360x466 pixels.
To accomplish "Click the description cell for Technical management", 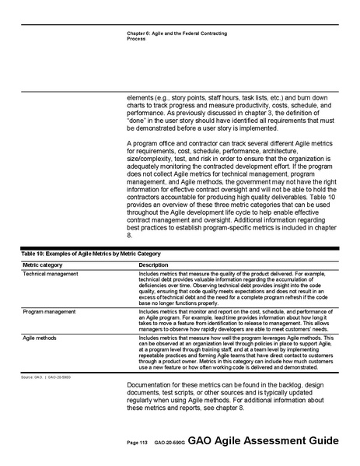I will click(233, 289).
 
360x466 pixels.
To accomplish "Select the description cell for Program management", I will click(233, 321).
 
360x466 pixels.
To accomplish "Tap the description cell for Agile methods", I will click(233, 354).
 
